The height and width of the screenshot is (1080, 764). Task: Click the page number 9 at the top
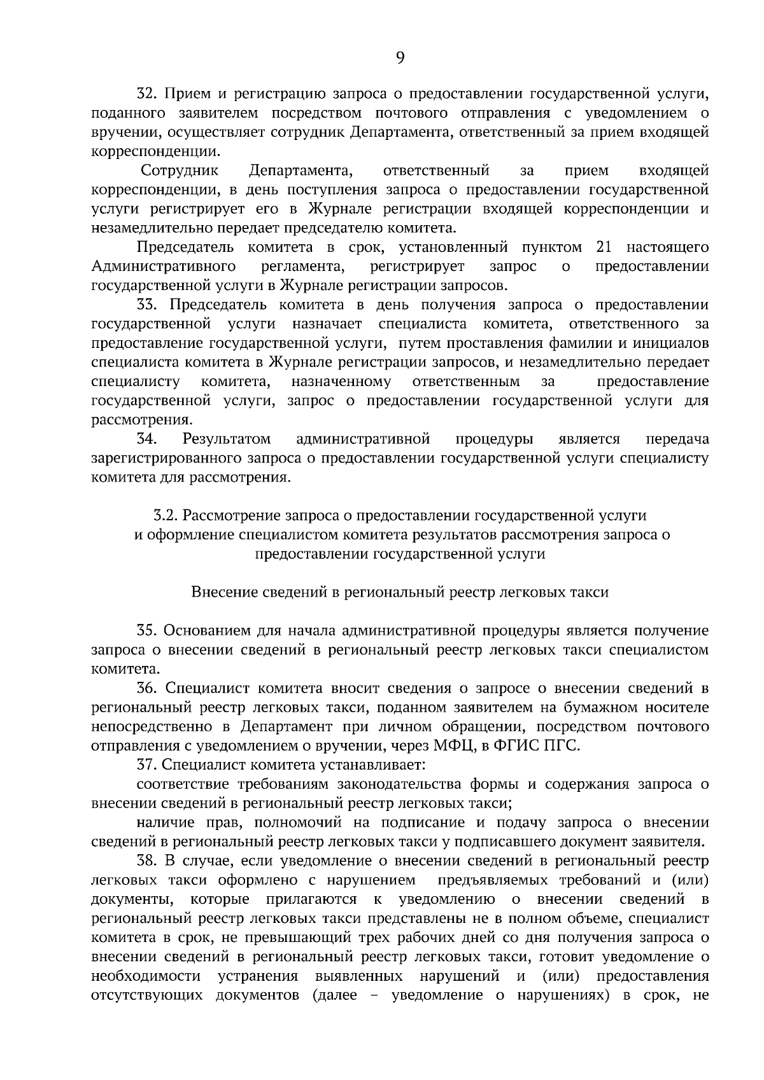[x=400, y=58]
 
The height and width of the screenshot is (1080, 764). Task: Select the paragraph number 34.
[x=148, y=439]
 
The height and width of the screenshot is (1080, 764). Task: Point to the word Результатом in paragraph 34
[x=227, y=439]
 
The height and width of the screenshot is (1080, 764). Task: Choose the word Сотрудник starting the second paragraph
[x=180, y=170]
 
